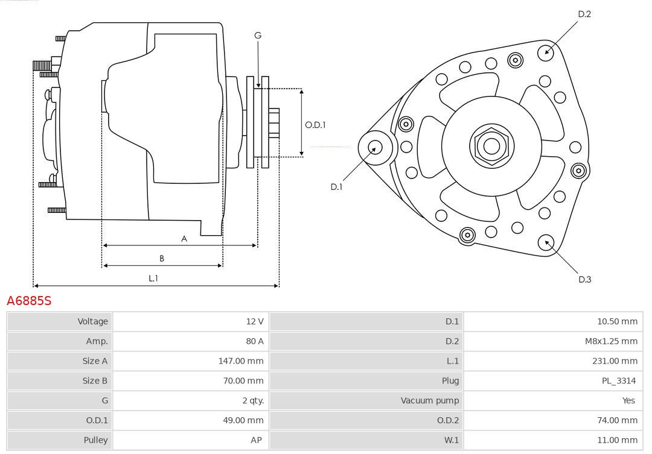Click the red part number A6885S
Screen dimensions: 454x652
point(29,300)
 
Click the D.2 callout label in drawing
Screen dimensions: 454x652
point(584,14)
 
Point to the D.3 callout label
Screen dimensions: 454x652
point(584,279)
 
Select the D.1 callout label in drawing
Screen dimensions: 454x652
point(336,187)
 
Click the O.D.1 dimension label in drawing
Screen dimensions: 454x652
point(315,125)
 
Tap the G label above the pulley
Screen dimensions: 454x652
point(258,36)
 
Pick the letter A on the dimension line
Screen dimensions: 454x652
point(184,239)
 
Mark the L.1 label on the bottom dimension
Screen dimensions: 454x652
point(153,278)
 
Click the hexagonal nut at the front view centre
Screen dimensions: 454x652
point(491,145)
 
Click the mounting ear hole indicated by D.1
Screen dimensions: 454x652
point(375,147)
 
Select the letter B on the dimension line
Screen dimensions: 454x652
point(161,259)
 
